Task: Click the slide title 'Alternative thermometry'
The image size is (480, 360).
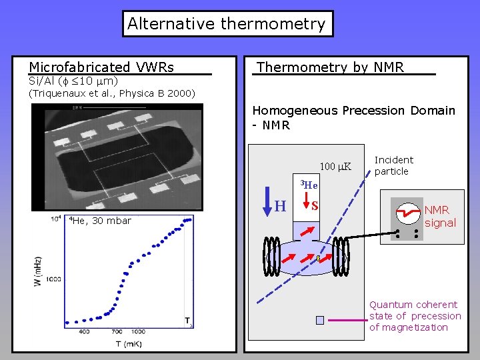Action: coord(227,24)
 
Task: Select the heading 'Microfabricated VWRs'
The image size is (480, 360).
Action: coord(101,67)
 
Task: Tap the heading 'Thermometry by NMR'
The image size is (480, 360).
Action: coord(331,67)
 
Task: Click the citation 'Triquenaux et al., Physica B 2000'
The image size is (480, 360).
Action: coord(112,93)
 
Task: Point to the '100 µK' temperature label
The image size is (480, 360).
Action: coord(336,167)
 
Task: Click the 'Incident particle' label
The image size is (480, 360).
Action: coord(394,165)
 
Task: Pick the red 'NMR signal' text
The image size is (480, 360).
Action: coord(440,217)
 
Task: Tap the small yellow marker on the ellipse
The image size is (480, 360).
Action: coord(319,257)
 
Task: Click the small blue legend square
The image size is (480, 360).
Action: coord(320,320)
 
